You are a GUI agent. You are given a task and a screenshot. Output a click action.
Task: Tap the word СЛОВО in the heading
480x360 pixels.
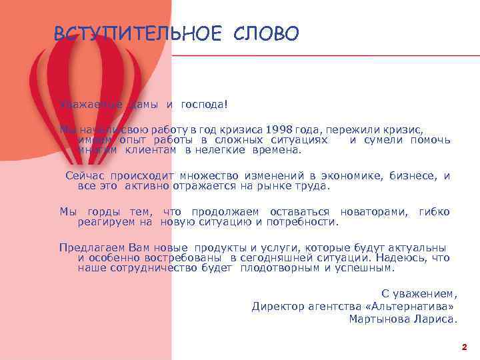267,33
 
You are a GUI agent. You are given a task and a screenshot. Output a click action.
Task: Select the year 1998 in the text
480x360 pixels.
281,129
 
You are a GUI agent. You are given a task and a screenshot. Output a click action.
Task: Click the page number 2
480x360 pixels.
464,347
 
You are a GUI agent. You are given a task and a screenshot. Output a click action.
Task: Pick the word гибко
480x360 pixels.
434,212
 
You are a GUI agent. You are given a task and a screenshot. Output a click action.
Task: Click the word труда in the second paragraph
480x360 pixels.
313,186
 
